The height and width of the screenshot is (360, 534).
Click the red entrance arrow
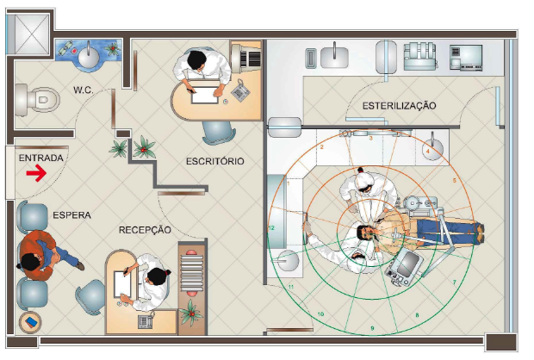pos(36,173)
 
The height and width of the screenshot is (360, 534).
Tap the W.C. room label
pos(83,90)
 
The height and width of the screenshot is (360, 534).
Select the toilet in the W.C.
pos(37,99)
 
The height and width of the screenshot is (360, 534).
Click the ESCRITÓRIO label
pos(215,161)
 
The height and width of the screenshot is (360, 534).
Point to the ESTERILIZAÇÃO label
pos(399,106)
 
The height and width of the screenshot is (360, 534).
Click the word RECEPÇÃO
pos(145,230)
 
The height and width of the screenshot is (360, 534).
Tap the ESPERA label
pos(71,215)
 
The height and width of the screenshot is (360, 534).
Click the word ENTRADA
pos(40,158)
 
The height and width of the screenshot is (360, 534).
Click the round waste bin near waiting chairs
pos(30,322)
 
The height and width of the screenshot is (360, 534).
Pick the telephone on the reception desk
pos(146,321)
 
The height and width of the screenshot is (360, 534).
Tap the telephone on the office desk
pos(240,90)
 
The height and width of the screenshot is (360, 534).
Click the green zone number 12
pos(271,228)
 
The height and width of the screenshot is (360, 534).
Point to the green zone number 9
pos(372,328)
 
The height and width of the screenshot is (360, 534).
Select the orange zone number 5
pos(454,181)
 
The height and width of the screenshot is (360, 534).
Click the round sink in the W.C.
pos(90,56)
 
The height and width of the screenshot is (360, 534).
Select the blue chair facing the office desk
pos(218,132)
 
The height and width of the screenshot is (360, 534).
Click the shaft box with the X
pos(32,34)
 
